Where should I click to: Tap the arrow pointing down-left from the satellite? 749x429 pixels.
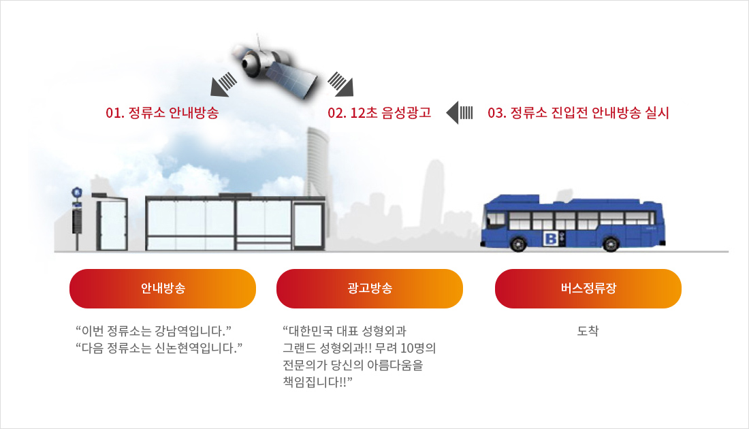coord(223,84)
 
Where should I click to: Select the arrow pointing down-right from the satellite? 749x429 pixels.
coord(340,84)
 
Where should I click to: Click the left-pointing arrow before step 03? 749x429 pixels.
coord(460,113)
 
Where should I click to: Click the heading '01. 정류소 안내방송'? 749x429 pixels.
coord(162,113)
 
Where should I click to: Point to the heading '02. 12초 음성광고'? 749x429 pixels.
coord(379,113)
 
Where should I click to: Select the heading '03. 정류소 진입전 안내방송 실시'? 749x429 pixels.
coord(578,113)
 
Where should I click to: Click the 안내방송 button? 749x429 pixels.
coord(163,289)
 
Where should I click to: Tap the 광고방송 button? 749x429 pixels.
coord(369,289)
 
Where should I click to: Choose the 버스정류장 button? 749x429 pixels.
coord(588,289)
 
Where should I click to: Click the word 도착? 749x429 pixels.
coord(588,330)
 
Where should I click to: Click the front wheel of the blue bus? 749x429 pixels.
coord(518,244)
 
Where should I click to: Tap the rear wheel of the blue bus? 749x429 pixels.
coord(611,244)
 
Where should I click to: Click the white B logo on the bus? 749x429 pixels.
coord(551,238)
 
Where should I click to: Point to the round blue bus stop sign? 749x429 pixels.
coord(77,193)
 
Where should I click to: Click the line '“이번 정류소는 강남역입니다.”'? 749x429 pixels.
coord(153,330)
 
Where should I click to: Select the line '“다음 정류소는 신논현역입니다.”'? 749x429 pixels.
coord(159,348)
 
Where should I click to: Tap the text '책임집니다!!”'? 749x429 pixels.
coord(318,382)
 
